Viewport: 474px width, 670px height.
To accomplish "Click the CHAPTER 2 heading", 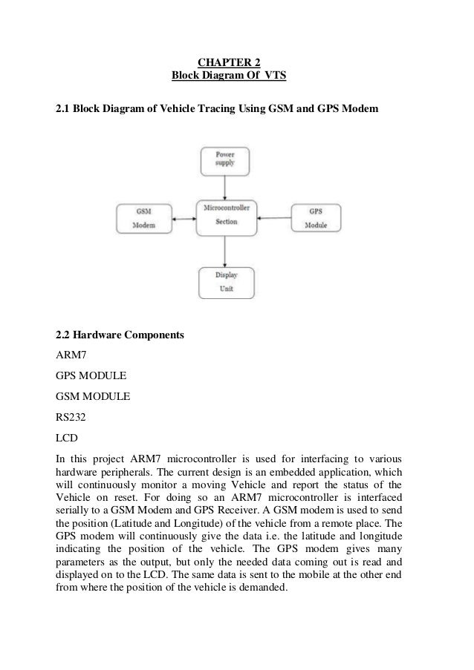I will pyautogui.click(x=229, y=62).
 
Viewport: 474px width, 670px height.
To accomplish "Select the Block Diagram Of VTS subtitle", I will pyautogui.click(x=229, y=76).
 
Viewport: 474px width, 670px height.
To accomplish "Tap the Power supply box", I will pyautogui.click(x=225, y=160).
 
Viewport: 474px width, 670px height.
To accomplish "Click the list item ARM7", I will pyautogui.click(x=72, y=356).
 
